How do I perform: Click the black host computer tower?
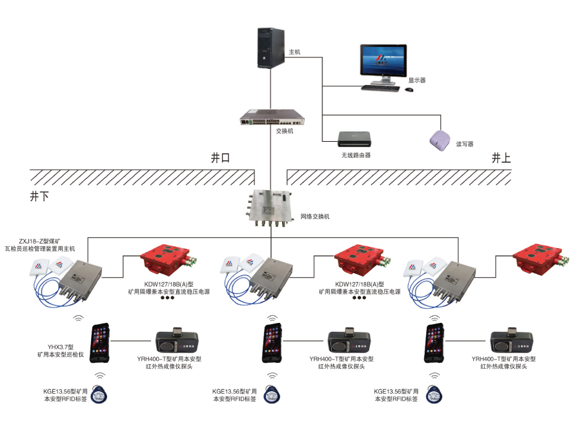pyautogui.click(x=270, y=48)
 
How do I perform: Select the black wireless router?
pyautogui.click(x=356, y=139)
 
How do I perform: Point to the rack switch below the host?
pyautogui.click(x=272, y=118)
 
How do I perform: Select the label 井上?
pyautogui.click(x=501, y=157)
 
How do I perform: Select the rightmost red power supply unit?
pyautogui.click(x=541, y=259)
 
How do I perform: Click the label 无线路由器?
pyautogui.click(x=356, y=155)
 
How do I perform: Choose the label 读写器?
pyautogui.click(x=465, y=144)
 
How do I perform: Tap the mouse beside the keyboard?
pyautogui.click(x=409, y=90)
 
